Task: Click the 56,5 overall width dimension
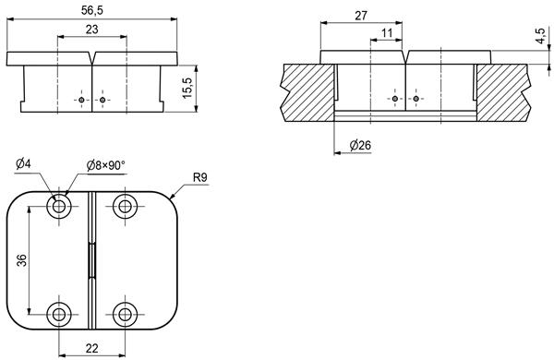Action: coord(91,10)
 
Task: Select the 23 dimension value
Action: coord(91,30)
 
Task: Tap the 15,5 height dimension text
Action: coord(187,88)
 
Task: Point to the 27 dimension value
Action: coord(361,16)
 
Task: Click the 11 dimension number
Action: coord(387,33)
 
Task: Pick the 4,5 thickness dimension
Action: coord(540,36)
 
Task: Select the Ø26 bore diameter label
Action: coord(360,145)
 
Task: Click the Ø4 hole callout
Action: coord(23,164)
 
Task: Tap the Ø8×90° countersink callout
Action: coord(106,165)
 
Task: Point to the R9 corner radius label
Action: coord(200,178)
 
